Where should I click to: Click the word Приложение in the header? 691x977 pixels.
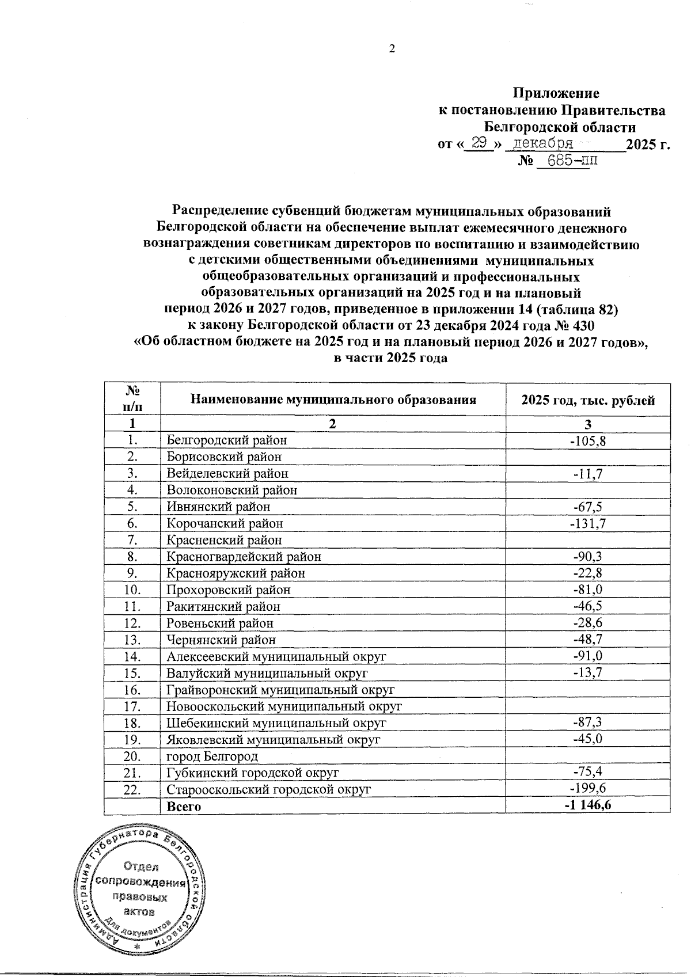[556, 93]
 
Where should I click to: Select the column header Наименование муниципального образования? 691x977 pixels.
[333, 400]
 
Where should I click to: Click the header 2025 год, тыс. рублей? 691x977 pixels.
[587, 400]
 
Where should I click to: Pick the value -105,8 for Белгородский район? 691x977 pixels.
[587, 441]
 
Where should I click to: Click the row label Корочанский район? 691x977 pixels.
[225, 524]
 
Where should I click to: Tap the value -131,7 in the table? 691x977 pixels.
[587, 524]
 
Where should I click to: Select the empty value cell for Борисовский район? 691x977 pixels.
[587, 458]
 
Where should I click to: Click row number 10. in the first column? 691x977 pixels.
[132, 590]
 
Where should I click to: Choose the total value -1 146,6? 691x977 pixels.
[587, 806]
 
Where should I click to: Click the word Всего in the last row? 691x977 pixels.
[183, 807]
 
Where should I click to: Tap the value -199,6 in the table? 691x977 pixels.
[587, 789]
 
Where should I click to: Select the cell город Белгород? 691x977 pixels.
[212, 756]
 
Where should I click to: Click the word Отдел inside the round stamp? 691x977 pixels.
[141, 866]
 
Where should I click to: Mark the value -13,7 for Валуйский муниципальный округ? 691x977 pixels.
[587, 673]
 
